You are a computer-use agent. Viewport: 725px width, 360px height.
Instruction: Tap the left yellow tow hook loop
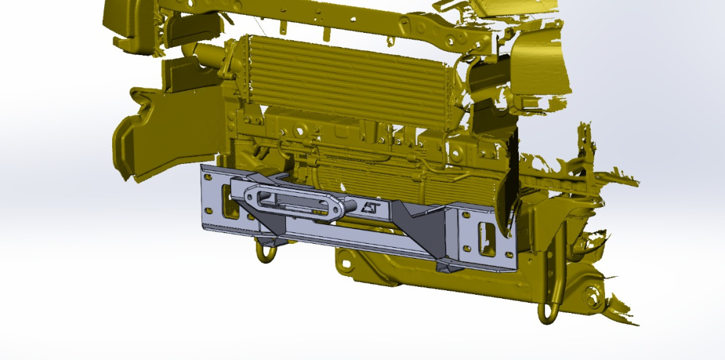point(266,252)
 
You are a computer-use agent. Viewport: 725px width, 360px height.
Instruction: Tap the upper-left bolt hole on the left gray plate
point(207,178)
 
